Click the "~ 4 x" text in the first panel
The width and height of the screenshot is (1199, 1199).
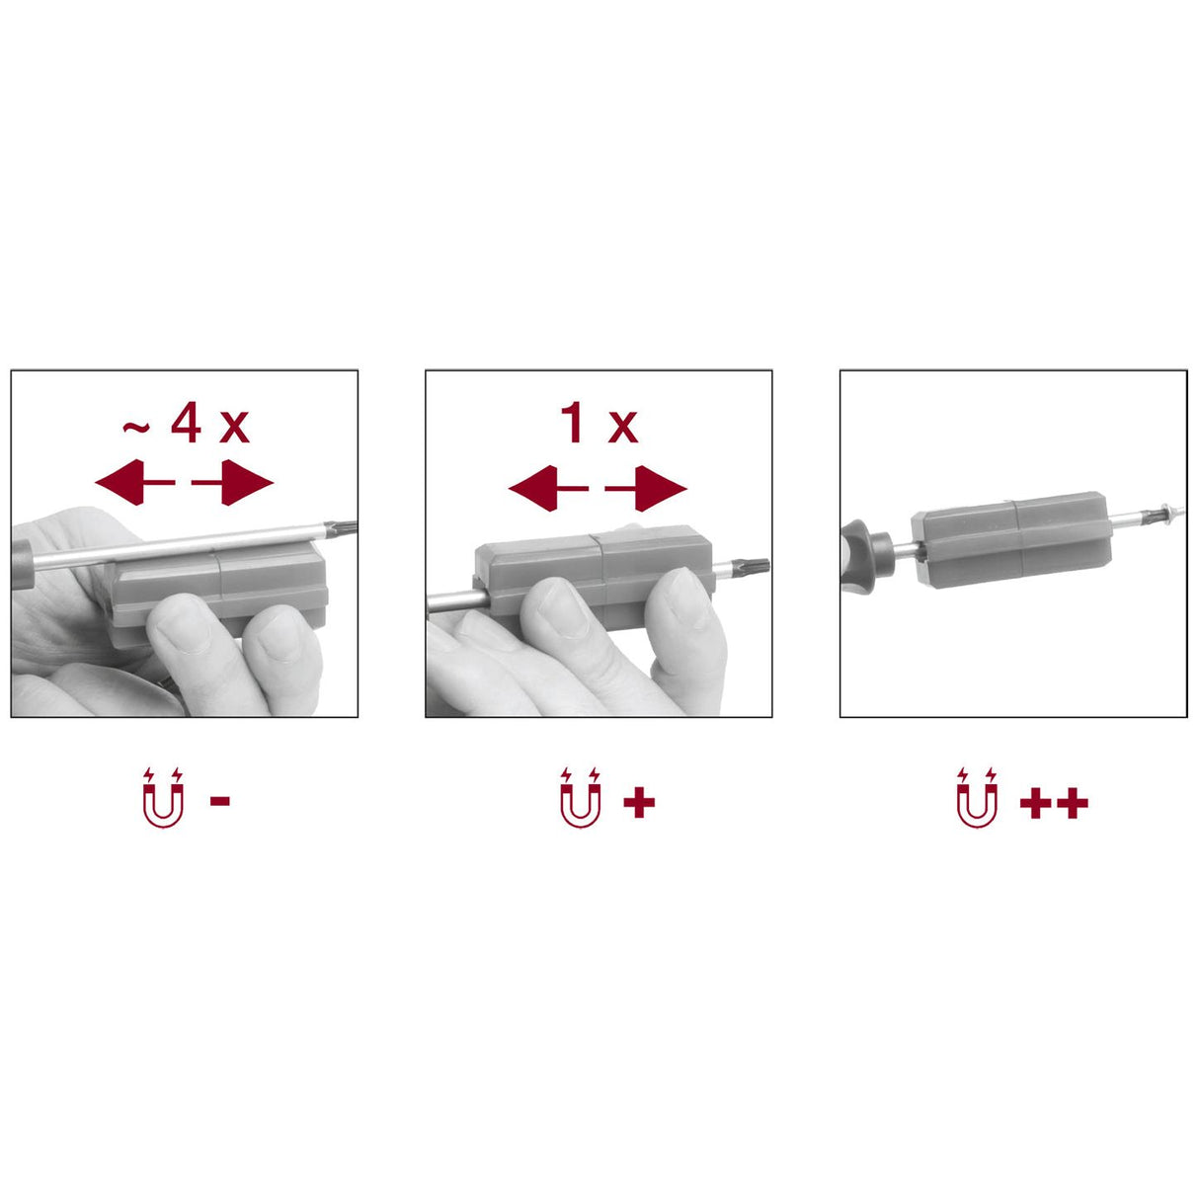tap(186, 423)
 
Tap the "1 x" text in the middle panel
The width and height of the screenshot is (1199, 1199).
tap(599, 423)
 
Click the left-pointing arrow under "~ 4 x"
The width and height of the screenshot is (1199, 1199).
tap(135, 482)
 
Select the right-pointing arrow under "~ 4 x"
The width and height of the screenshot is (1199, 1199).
tap(232, 482)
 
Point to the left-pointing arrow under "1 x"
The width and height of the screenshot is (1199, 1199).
tap(548, 488)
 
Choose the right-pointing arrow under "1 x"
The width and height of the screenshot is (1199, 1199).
tap(646, 488)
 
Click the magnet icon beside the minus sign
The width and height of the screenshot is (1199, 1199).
tap(164, 798)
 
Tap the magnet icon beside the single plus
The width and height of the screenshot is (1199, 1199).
tap(581, 798)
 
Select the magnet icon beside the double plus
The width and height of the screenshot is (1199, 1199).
tap(977, 798)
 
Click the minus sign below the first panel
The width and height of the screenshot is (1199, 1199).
tap(219, 800)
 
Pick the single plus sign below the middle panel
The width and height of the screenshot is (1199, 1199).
tap(639, 801)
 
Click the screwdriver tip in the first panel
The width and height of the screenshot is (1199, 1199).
tap(341, 528)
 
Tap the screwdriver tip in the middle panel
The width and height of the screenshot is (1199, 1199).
tap(754, 567)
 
